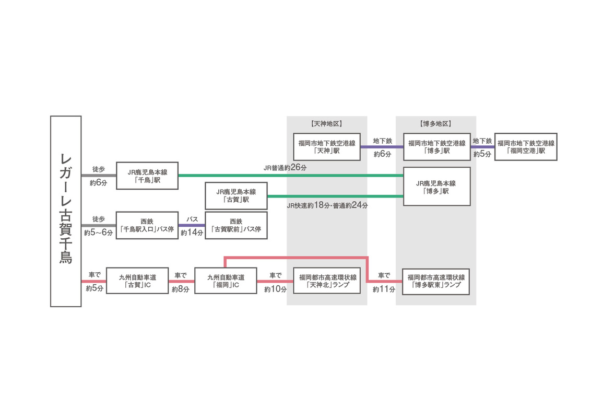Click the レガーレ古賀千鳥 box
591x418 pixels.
pos(66,211)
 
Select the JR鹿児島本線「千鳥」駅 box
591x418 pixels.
pos(147,176)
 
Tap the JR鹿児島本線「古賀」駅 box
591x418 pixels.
pos(236,195)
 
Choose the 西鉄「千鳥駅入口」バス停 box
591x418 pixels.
pos(147,225)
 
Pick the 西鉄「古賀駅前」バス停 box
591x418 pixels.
pos(236,225)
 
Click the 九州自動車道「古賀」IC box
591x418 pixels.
pos(137,281)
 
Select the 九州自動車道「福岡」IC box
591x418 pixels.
pos(226,281)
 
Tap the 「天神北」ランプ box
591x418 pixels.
pos(327,281)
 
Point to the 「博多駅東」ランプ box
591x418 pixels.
pos(436,281)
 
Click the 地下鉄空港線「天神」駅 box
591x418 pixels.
pos(327,146)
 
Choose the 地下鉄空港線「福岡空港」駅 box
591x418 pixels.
pos(526,146)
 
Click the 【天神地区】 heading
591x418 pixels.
pos(327,124)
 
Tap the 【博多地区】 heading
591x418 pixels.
pos(436,124)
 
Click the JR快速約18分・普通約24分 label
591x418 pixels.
pos(327,205)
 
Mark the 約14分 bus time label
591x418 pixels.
pos(192,233)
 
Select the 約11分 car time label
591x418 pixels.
pos(384,288)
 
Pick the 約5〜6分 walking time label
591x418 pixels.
pos(99,233)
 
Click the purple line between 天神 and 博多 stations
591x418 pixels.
pos(382,147)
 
